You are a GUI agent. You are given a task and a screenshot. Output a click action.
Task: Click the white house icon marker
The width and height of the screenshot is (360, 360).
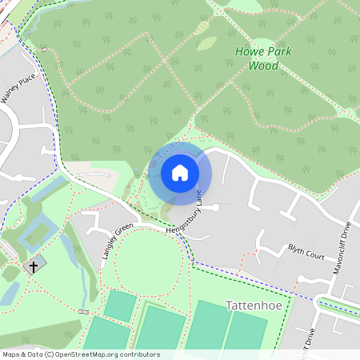(x=180, y=172)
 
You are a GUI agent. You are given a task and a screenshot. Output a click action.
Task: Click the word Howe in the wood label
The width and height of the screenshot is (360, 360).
(x=248, y=52)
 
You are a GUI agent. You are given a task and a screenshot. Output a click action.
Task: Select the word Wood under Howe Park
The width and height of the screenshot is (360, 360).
(x=263, y=66)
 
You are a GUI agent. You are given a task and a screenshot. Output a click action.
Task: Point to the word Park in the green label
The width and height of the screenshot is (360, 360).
(x=279, y=52)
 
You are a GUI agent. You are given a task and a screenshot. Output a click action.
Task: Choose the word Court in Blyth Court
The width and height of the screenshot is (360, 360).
(x=315, y=257)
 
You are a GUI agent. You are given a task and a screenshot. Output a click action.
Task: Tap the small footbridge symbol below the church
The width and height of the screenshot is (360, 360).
(x=84, y=310)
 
